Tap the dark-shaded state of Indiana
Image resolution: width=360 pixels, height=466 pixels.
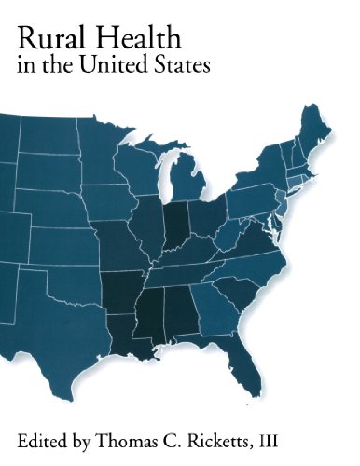(x=175, y=224)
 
